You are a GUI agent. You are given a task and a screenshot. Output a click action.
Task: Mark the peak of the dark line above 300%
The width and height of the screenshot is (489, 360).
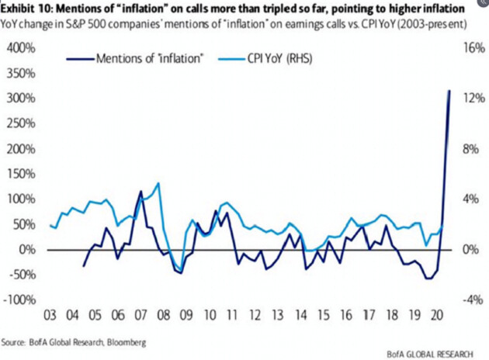[x=449, y=91]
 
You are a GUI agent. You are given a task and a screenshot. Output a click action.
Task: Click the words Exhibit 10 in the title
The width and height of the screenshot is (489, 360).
[x=32, y=7]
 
